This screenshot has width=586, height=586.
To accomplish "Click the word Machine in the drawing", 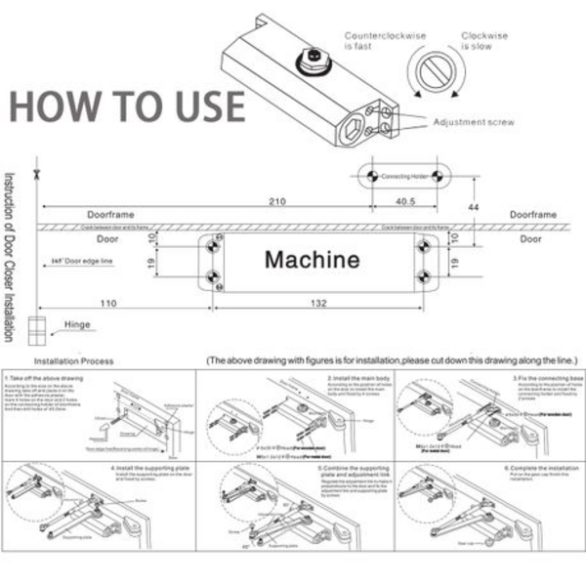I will (x=313, y=261).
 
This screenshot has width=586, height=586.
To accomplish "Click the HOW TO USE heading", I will (x=127, y=105).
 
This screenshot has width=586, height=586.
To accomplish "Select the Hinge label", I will (x=77, y=324).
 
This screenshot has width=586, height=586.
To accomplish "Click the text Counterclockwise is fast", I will (x=385, y=40).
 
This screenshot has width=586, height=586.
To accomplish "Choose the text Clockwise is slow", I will (x=485, y=40).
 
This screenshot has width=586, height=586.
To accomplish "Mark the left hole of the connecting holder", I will (x=369, y=176).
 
